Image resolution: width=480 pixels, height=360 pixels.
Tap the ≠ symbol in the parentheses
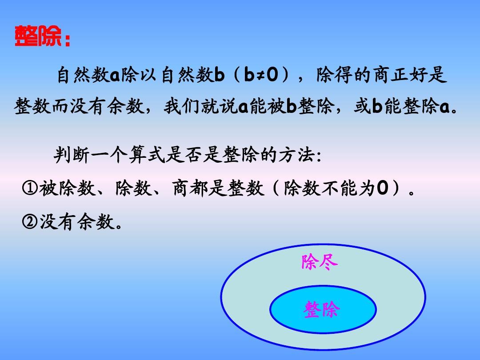pyautogui.click(x=257, y=76)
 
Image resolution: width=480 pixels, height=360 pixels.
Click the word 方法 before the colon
pyautogui.click(x=295, y=156)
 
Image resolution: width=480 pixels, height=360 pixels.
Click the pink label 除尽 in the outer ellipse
pyautogui.click(x=320, y=262)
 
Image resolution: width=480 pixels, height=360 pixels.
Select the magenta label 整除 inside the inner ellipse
pyautogui.click(x=321, y=310)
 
